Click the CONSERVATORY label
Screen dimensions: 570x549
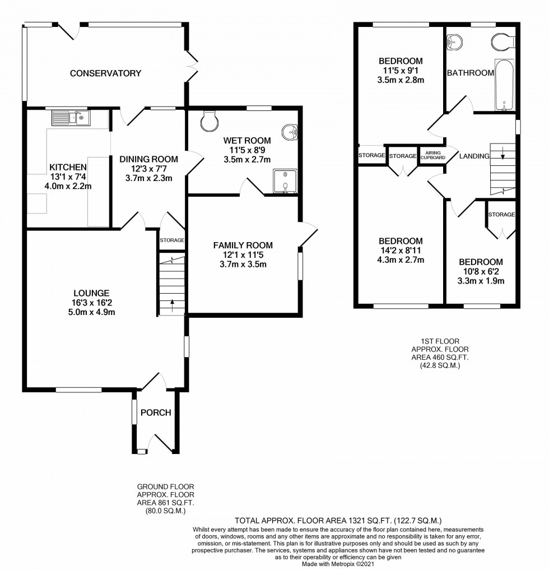105,73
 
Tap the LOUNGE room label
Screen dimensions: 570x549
91,293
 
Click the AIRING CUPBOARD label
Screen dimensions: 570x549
434,155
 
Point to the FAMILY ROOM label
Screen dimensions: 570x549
243,245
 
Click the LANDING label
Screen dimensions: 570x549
475,156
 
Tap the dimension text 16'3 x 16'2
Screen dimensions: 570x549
91,303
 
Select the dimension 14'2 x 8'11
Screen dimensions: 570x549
401,250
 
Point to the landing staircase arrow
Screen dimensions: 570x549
503,153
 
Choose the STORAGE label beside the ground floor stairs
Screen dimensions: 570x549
172,240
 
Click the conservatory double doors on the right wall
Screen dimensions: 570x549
192,66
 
